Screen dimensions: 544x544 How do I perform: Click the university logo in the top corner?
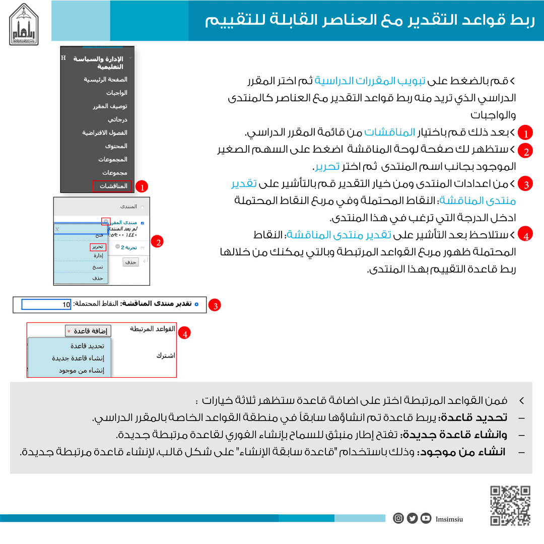pos(24,24)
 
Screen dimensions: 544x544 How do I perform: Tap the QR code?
pos(510,505)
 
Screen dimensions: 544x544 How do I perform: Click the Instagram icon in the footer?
pos(398,518)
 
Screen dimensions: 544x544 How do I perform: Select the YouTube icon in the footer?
pos(426,518)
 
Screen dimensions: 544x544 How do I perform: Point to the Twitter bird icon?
pos(412,518)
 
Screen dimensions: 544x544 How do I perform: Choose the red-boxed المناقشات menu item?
pos(112,186)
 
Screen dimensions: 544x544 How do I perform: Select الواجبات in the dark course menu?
pos(116,93)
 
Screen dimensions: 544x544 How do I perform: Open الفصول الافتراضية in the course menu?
pos(105,133)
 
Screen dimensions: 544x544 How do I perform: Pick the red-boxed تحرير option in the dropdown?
pos(98,247)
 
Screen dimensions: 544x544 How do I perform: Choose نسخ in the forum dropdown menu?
pos(98,267)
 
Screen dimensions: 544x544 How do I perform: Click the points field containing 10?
pos(46,304)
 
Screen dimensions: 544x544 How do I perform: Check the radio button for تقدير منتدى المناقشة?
pos(196,304)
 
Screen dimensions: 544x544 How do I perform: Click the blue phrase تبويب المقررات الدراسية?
pos(359,81)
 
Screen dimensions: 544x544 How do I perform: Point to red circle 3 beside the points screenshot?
pos(216,305)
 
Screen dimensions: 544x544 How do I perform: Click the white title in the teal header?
pos(370,21)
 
